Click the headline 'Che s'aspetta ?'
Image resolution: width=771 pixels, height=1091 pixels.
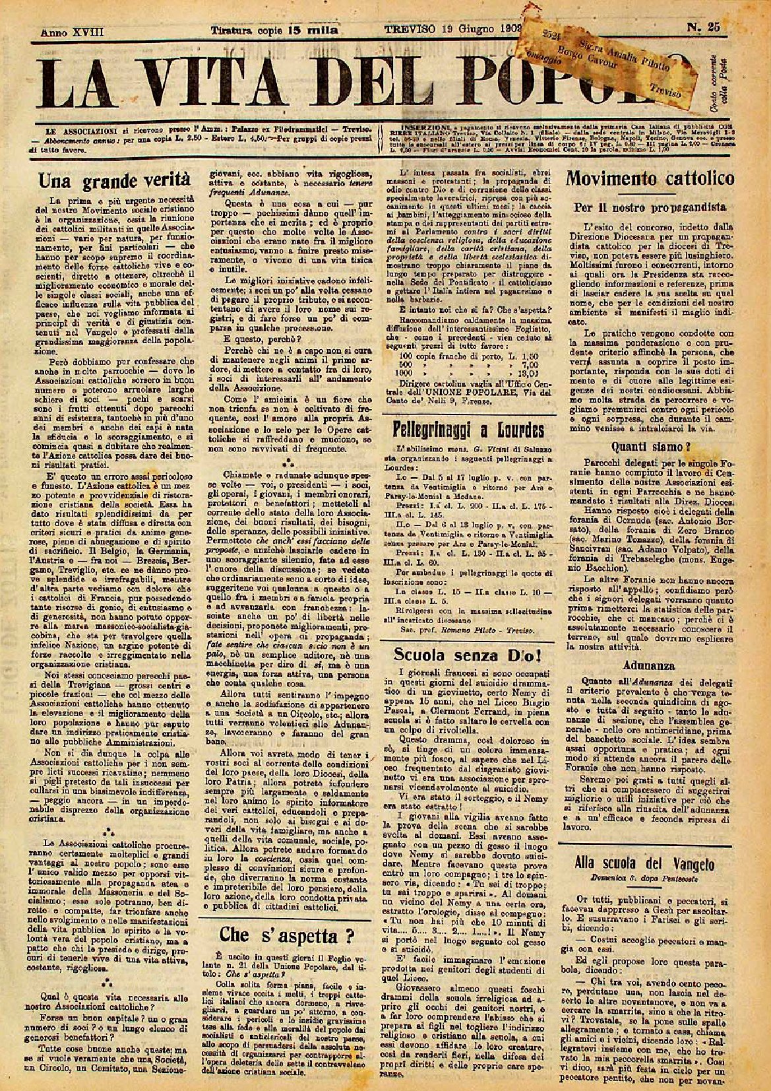pyautogui.click(x=289, y=933)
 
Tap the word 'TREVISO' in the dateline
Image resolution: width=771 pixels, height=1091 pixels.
pyautogui.click(x=409, y=29)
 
